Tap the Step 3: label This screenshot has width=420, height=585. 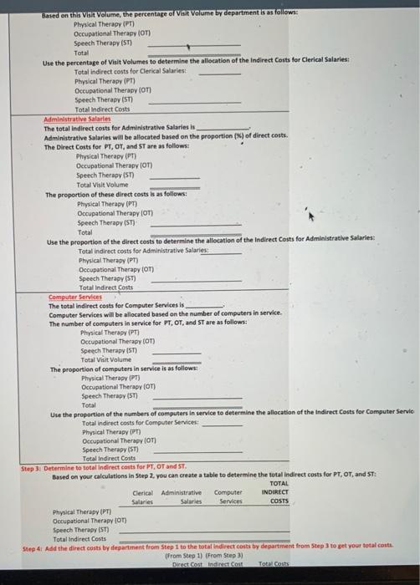click(33, 466)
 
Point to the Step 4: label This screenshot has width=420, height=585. click(33, 547)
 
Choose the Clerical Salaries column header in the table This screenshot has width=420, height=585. click(143, 497)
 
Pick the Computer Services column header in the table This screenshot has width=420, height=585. click(228, 497)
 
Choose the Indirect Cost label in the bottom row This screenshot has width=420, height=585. click(229, 564)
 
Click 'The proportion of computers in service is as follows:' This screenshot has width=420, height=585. click(124, 369)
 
